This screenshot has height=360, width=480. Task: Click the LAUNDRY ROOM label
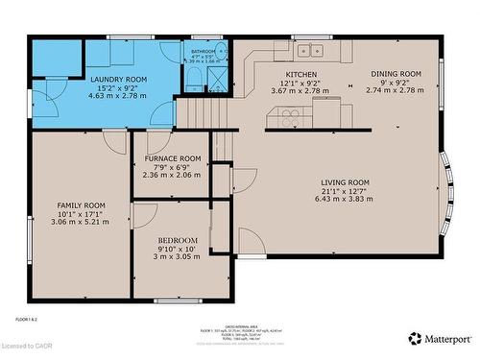(117, 81)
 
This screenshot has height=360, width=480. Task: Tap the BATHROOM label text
(203, 52)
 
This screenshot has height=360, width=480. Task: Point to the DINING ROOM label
(396, 74)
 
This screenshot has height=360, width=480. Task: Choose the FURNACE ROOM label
(173, 158)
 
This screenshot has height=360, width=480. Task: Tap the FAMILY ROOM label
(81, 205)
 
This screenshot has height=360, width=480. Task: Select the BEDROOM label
(178, 240)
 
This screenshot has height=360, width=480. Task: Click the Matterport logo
(440, 339)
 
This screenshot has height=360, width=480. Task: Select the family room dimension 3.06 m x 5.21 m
(81, 223)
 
